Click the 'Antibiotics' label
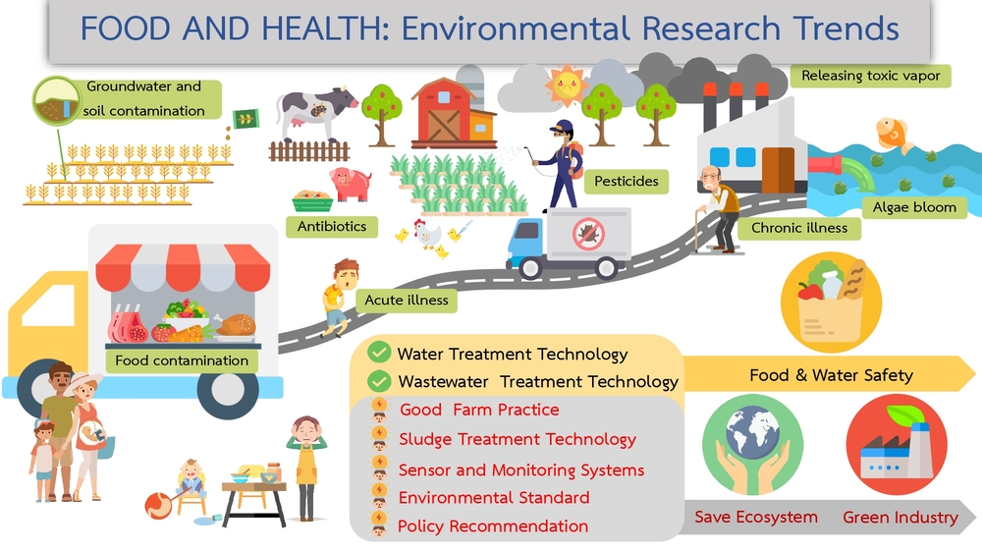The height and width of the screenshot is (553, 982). (x=332, y=226)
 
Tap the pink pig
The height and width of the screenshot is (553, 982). (x=351, y=184)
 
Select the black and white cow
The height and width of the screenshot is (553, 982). (x=315, y=113)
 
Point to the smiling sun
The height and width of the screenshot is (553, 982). (x=567, y=83)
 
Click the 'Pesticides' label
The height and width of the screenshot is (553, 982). (x=627, y=181)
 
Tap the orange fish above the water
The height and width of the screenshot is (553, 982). (x=894, y=134)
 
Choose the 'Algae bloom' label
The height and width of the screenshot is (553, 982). (x=914, y=207)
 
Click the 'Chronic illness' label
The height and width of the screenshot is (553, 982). (x=799, y=228)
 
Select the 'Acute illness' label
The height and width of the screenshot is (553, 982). (x=407, y=300)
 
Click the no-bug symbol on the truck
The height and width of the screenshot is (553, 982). (x=588, y=234)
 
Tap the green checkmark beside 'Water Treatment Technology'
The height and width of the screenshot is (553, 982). (x=378, y=352)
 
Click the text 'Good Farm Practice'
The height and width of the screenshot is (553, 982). (x=479, y=410)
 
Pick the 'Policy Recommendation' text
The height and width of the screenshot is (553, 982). (x=493, y=526)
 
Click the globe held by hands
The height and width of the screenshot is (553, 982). (x=752, y=431)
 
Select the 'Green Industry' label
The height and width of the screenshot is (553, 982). (x=900, y=518)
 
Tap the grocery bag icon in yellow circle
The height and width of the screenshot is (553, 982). (x=831, y=302)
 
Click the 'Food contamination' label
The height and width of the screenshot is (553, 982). (x=182, y=360)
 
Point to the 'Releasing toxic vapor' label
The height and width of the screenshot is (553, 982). (x=870, y=76)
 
